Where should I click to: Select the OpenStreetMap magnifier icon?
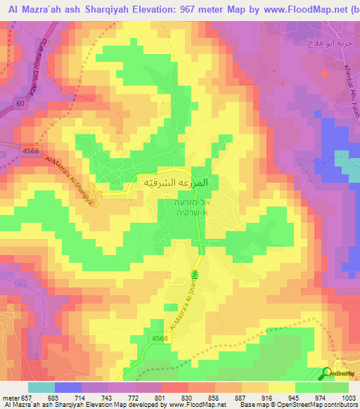pos(327,373)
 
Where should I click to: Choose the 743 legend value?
pos(108,398)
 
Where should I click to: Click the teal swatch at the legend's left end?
pos(41,387)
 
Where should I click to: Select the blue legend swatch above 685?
pos(67,387)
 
